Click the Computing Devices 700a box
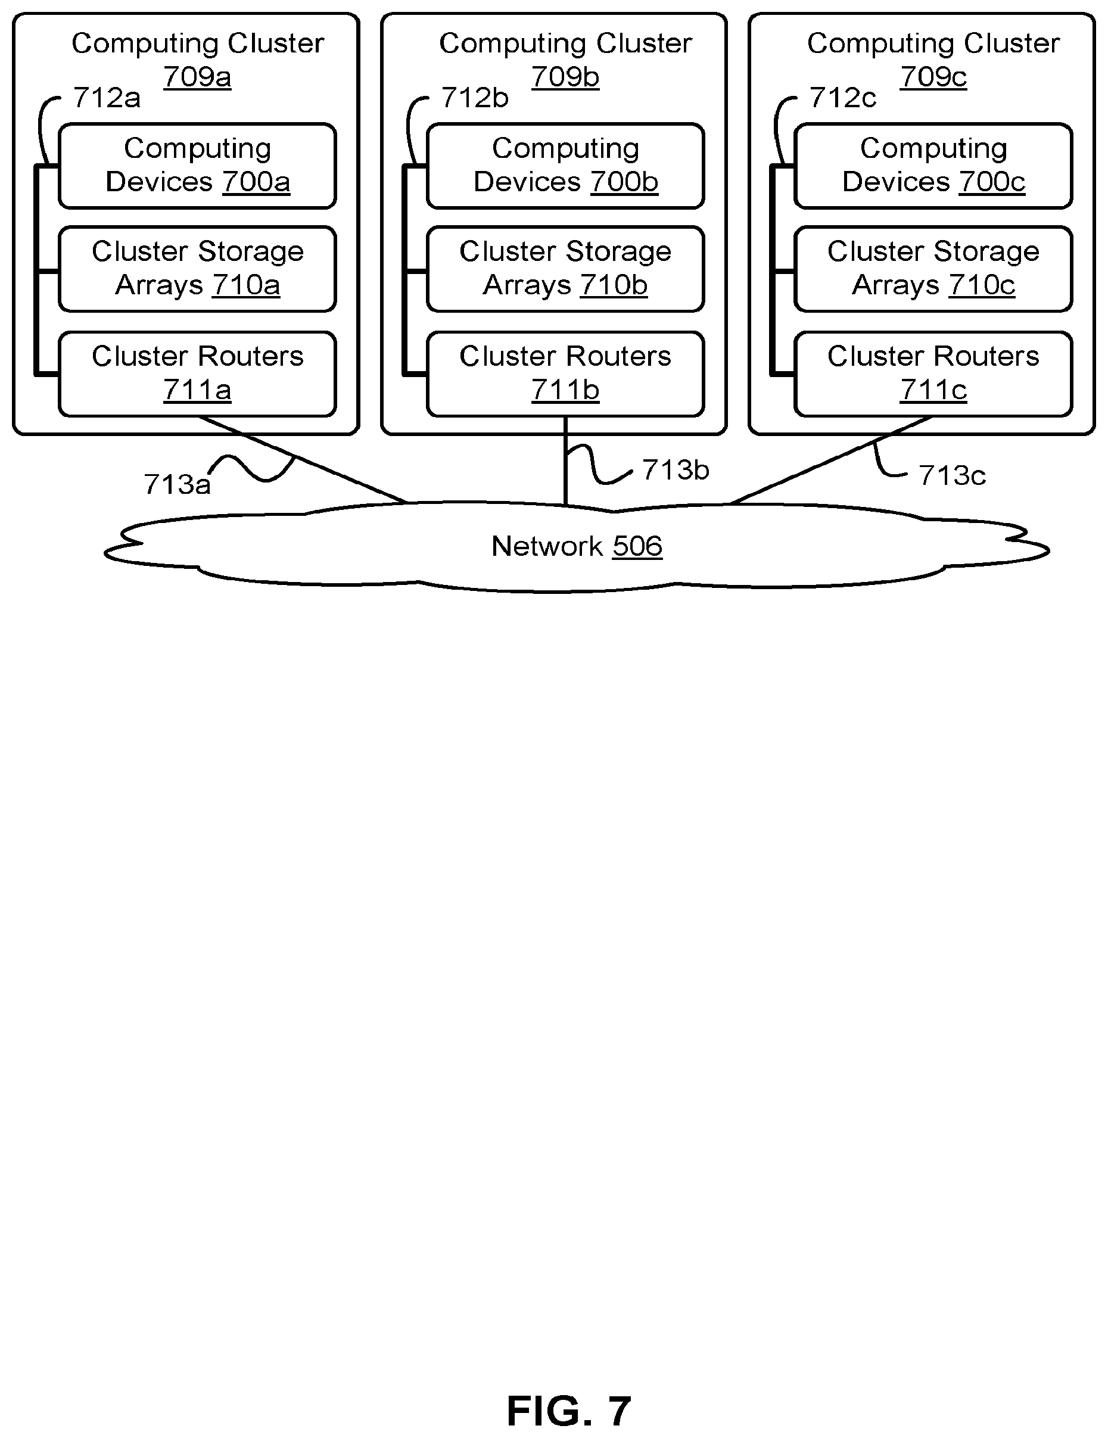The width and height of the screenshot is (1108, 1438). click(x=198, y=166)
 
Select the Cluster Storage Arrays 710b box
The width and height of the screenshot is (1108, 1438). click(x=565, y=269)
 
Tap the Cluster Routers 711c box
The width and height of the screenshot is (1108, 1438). click(x=933, y=374)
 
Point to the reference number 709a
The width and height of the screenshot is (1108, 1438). click(x=198, y=77)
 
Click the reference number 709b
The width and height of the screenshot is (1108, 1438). click(x=565, y=77)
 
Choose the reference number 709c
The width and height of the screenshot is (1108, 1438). click(x=933, y=77)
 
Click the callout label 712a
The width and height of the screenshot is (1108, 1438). click(x=107, y=98)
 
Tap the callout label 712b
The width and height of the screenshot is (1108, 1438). click(x=475, y=98)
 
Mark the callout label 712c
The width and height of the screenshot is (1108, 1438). click(x=843, y=98)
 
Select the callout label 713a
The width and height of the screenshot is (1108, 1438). click(x=177, y=485)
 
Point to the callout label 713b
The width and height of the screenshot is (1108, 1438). click(x=676, y=470)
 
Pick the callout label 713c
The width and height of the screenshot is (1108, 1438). click(x=952, y=475)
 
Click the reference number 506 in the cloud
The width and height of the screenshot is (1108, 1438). click(x=637, y=546)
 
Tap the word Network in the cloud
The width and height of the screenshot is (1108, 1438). click(x=547, y=546)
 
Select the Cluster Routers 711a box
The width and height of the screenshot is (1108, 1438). click(x=198, y=374)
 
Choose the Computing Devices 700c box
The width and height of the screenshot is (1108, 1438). click(x=933, y=166)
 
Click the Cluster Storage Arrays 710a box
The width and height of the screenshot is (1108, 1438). click(x=198, y=269)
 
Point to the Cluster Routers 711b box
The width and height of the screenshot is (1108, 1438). click(x=565, y=374)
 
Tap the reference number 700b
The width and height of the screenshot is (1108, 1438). click(x=624, y=182)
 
